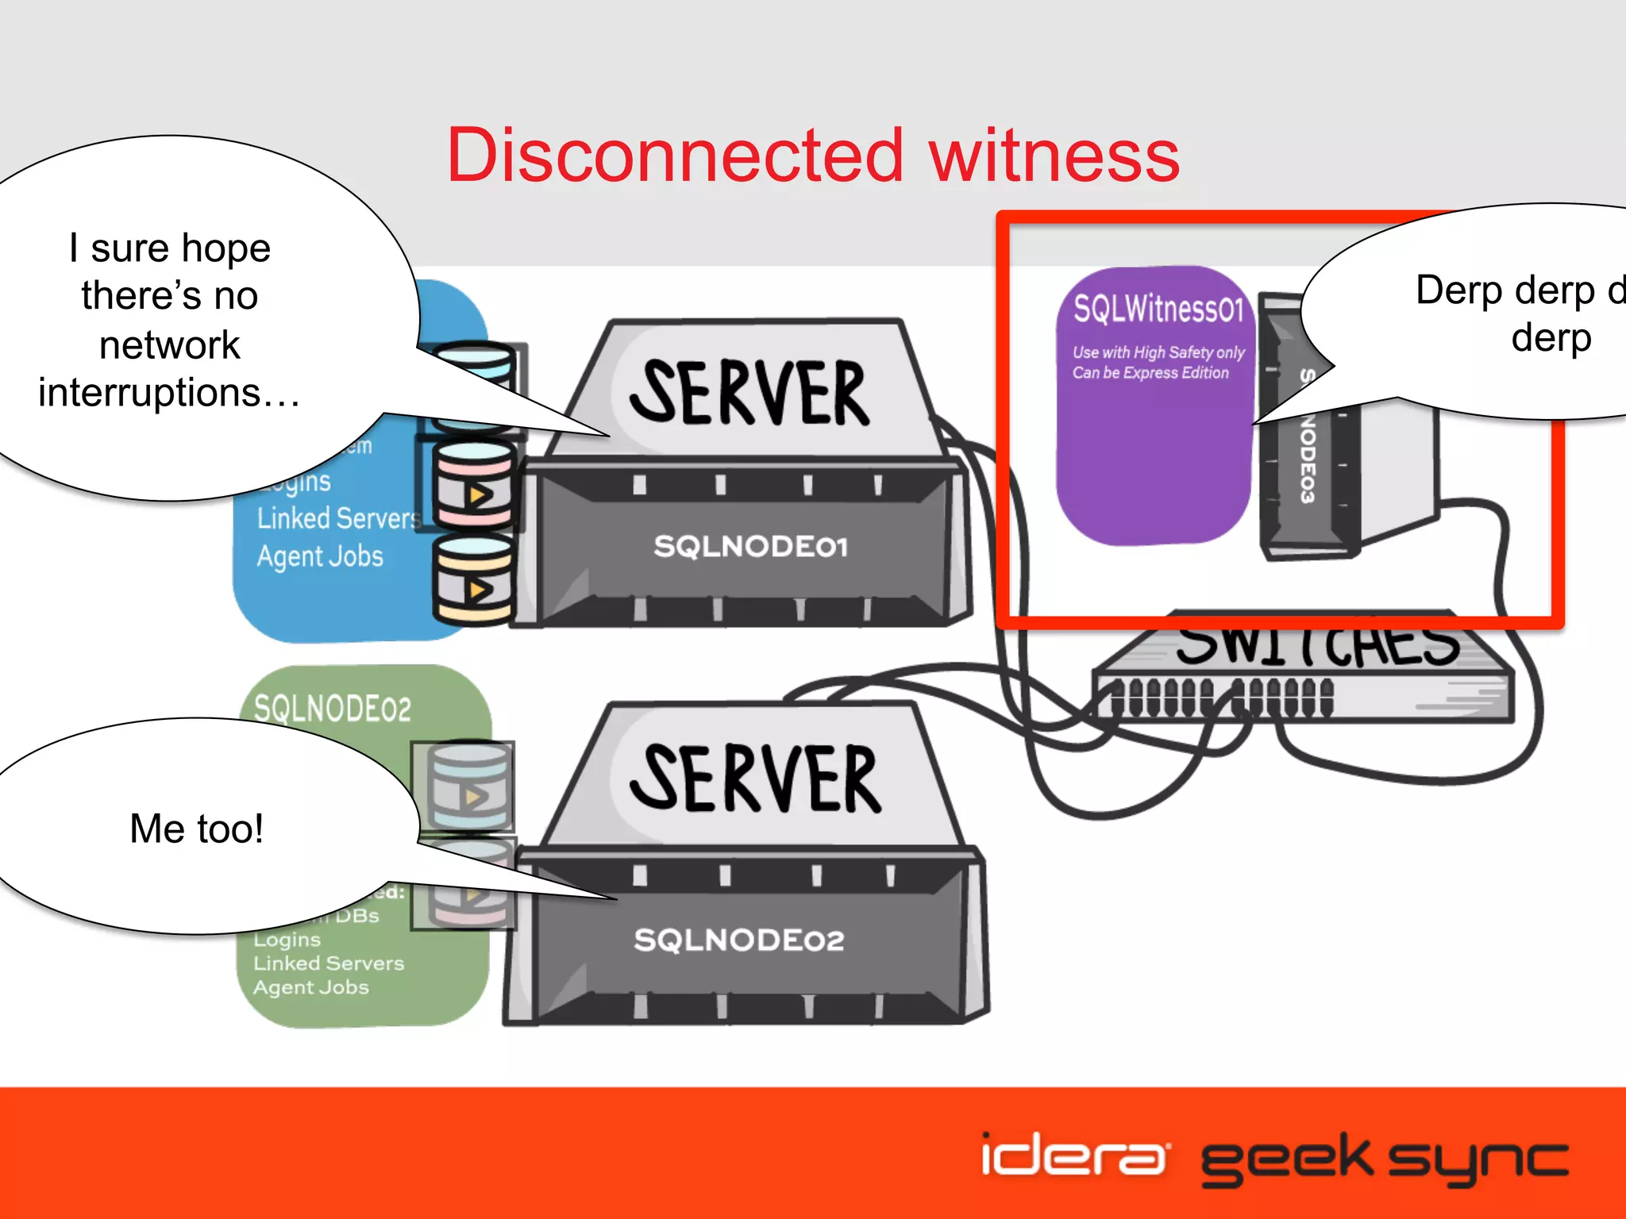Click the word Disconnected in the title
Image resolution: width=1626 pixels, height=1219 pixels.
[x=675, y=156]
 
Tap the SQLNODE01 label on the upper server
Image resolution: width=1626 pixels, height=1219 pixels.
[x=750, y=546]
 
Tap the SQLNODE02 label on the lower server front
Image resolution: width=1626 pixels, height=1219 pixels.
[x=738, y=940]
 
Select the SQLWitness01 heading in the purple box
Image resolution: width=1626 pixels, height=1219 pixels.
[x=1158, y=309]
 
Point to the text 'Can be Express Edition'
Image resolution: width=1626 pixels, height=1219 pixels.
[x=1150, y=373]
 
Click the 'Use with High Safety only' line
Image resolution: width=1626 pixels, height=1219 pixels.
[x=1158, y=352]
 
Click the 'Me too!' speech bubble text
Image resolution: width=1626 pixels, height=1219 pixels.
[x=196, y=829]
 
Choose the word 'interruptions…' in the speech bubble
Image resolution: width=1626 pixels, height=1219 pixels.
[x=169, y=393]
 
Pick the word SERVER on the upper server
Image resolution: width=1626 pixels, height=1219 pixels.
[x=750, y=393]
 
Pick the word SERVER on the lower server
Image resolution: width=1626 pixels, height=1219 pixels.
[x=754, y=779]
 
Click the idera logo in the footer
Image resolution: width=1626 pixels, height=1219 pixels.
[x=1073, y=1156]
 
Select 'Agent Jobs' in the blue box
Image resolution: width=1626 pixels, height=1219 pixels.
[x=319, y=556]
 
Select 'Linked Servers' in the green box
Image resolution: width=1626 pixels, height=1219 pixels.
[x=329, y=963]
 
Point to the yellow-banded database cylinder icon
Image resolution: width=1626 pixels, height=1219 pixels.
[x=474, y=579]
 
